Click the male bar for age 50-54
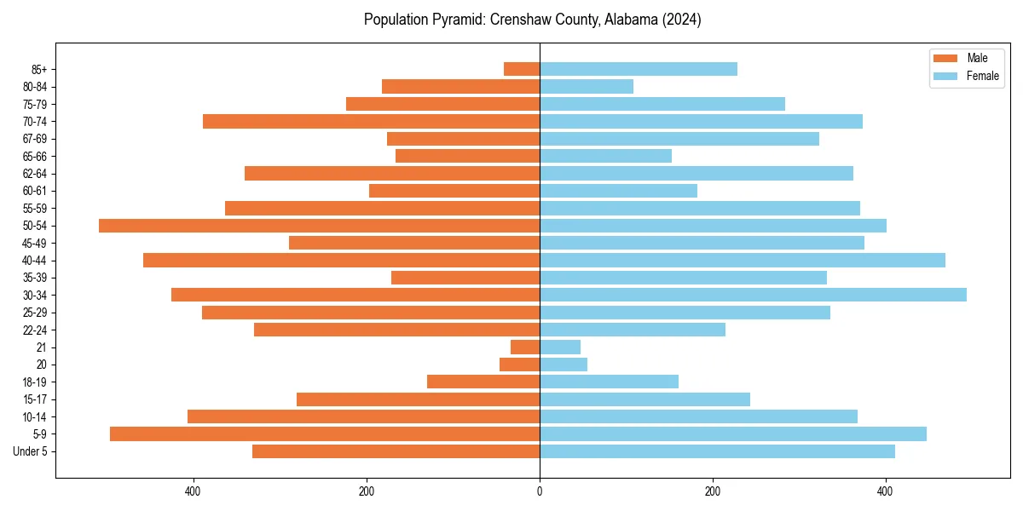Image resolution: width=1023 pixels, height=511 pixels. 319,226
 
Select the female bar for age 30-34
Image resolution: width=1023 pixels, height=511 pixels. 753,295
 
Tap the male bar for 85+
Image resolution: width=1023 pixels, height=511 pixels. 522,69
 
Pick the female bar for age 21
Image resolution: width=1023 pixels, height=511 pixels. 560,347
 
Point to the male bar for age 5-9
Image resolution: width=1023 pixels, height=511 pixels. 325,433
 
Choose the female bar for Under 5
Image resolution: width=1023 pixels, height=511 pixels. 717,451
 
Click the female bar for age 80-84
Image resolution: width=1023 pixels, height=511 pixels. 587,86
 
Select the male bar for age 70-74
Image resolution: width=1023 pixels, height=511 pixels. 371,121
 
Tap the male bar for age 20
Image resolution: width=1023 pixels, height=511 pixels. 519,365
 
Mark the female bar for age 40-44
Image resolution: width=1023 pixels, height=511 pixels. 743,260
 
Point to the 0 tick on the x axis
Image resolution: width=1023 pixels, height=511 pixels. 540,491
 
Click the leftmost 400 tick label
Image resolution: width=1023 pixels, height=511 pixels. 193,491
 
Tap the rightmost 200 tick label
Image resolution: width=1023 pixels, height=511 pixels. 713,491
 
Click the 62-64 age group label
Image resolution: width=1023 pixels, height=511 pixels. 35,174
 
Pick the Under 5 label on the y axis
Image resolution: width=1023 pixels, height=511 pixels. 30,451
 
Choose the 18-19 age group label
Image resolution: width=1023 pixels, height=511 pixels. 35,382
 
